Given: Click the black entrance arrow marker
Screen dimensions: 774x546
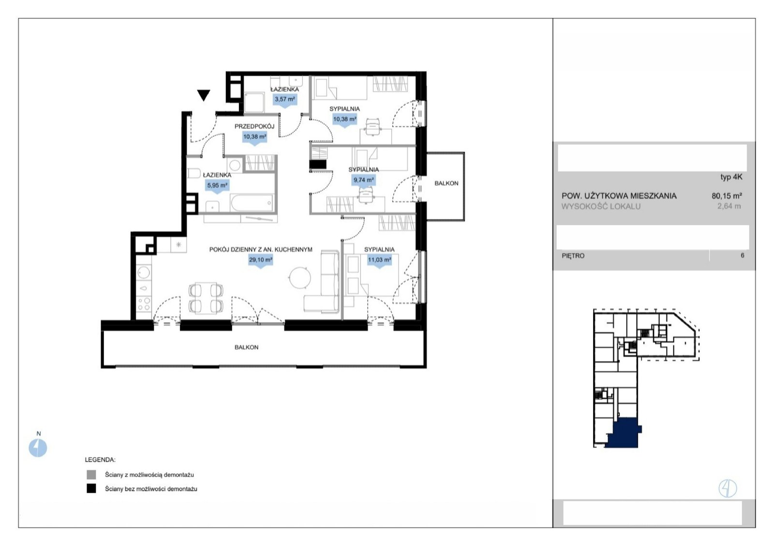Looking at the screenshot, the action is click(x=204, y=95).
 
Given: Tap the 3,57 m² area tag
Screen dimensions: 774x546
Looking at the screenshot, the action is click(x=285, y=100).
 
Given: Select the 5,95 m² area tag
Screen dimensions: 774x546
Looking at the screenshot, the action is click(x=217, y=186).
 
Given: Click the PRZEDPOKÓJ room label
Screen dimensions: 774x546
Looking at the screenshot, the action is click(x=254, y=126).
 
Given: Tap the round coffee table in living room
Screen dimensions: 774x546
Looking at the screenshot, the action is click(x=299, y=278).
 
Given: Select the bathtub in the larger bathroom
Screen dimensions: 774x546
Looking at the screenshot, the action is click(x=252, y=203).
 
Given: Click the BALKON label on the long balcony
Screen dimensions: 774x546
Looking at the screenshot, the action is click(x=246, y=347).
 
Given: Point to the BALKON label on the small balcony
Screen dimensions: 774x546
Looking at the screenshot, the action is click(x=446, y=183).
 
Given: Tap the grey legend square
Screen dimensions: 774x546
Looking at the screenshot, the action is click(x=91, y=474).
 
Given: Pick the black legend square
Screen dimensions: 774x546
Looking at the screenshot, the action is click(x=91, y=488).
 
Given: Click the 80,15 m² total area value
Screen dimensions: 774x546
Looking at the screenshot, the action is click(x=727, y=196).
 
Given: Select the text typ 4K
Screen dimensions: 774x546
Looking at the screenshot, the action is click(x=731, y=177).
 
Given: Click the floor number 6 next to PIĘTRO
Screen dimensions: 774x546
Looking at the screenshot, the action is click(x=742, y=256).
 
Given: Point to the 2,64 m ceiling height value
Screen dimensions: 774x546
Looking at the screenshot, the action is click(x=729, y=206).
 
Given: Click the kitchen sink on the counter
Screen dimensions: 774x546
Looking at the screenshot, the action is click(x=143, y=272).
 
